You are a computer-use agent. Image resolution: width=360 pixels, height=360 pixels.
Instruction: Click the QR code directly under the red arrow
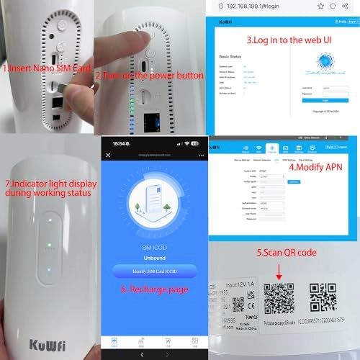click(279, 296)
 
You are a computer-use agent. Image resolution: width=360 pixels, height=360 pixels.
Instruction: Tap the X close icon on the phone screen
click(108, 155)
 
